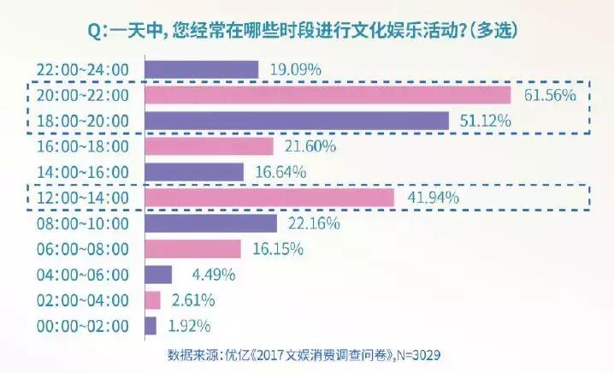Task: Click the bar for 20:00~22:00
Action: tap(328, 95)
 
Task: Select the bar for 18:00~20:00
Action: tap(298, 121)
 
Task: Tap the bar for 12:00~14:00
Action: tap(270, 198)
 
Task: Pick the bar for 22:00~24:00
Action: tap(202, 69)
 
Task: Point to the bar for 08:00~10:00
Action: tap(211, 223)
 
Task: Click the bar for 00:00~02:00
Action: tap(151, 326)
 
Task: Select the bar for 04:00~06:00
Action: tap(159, 275)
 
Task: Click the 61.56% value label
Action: tap(545, 95)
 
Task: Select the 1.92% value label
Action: tap(187, 326)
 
